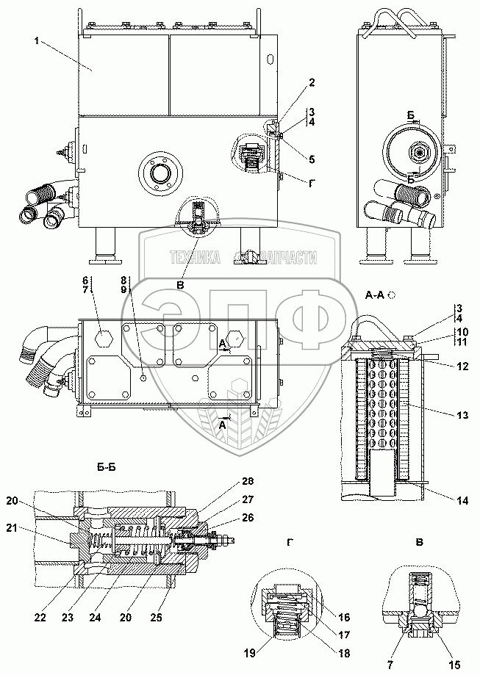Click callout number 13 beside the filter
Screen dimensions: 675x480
[x=462, y=415]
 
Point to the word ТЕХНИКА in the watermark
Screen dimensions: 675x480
[x=195, y=257]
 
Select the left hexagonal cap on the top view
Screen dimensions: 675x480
[x=102, y=338]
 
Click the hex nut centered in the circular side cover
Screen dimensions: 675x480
[x=418, y=152]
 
